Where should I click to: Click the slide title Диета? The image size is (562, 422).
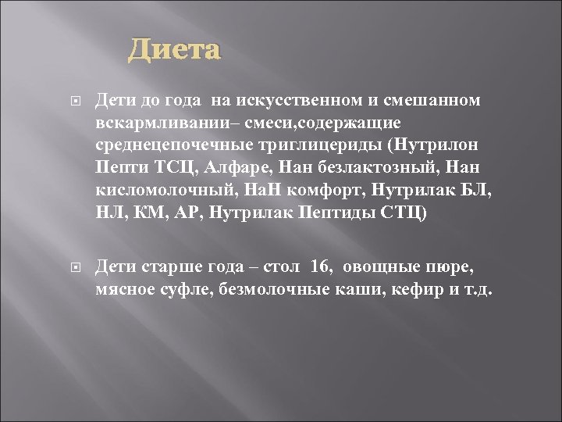tap(175, 51)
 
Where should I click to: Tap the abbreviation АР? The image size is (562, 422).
tap(202, 213)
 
